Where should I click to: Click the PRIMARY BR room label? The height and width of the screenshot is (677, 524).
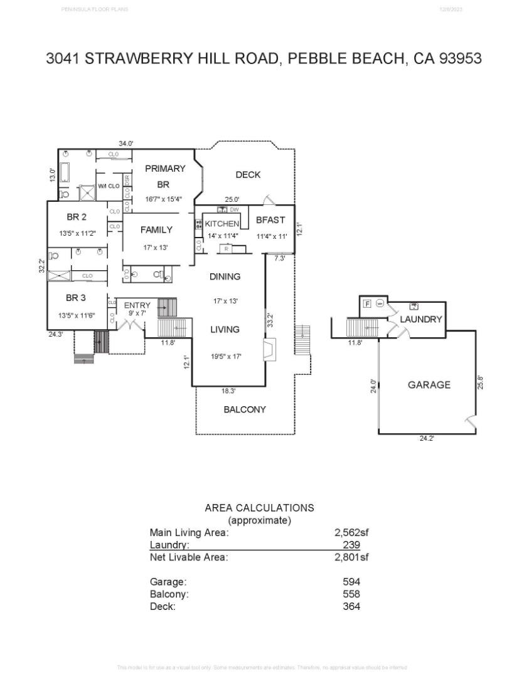(x=165, y=176)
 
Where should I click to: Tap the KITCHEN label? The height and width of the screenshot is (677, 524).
(x=222, y=224)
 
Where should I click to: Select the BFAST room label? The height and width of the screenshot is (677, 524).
(x=270, y=220)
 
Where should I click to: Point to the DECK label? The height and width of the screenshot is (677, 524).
(x=248, y=175)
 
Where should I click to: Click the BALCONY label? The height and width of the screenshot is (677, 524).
(x=245, y=409)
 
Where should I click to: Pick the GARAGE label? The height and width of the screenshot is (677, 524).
(x=429, y=385)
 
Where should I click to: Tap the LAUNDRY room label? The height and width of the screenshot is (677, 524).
(x=421, y=319)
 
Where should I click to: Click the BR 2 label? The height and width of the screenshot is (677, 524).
(x=76, y=217)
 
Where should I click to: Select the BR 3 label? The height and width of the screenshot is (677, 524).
(x=76, y=298)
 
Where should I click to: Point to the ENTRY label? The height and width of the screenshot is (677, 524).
(x=137, y=305)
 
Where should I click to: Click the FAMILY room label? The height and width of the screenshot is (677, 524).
(x=156, y=229)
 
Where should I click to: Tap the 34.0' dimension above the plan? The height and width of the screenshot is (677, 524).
(x=126, y=144)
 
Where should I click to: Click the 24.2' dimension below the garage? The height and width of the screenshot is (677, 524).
(x=427, y=438)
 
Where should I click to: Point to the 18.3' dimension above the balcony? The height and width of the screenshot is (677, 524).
(x=228, y=391)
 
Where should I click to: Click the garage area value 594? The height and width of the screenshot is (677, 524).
(x=351, y=581)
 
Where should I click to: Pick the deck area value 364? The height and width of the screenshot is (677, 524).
(x=351, y=606)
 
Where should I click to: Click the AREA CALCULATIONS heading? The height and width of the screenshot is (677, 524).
(x=259, y=508)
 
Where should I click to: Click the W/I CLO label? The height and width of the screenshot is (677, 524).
(x=109, y=186)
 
